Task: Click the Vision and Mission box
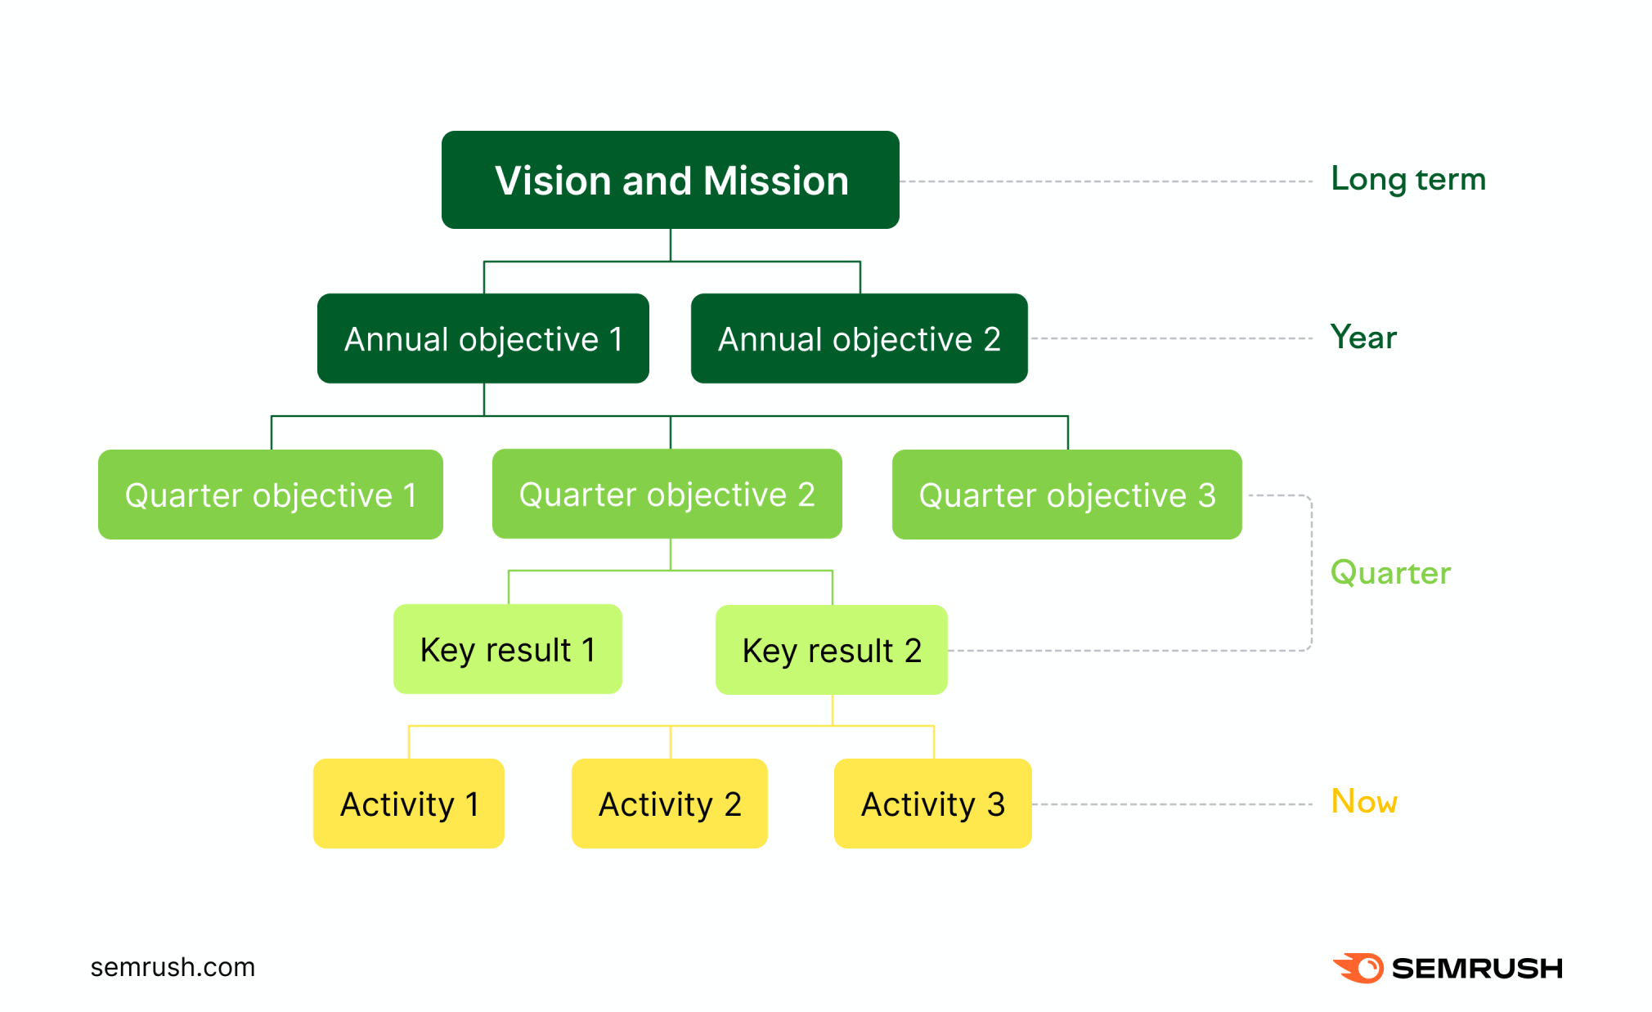(x=670, y=180)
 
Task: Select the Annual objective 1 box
(x=483, y=338)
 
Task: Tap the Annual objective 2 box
(x=859, y=338)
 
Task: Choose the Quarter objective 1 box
(x=270, y=495)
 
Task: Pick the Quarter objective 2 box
(x=667, y=494)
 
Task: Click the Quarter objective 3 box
(x=1066, y=495)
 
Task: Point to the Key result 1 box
(x=507, y=649)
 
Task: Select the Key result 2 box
(x=831, y=650)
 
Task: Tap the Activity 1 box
(x=408, y=804)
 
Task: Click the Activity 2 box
(x=669, y=804)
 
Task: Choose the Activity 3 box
(x=932, y=804)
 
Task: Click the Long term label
(x=1407, y=179)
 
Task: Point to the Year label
(x=1363, y=337)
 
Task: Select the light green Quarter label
(x=1390, y=572)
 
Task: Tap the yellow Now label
(x=1364, y=801)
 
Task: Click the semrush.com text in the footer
(x=173, y=967)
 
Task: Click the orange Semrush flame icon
(x=1358, y=968)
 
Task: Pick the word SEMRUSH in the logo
(x=1476, y=969)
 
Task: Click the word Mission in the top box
(x=775, y=181)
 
